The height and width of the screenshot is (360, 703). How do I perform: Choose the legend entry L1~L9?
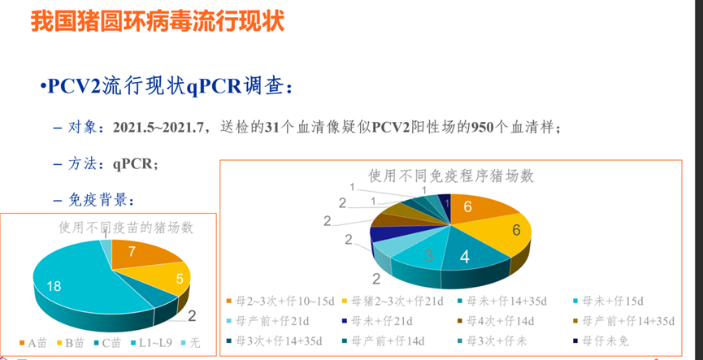point(152,343)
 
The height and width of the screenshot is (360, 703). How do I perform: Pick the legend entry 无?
point(192,343)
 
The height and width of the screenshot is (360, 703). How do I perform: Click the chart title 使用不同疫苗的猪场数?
point(126,228)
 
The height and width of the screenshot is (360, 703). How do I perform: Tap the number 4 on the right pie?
point(464,258)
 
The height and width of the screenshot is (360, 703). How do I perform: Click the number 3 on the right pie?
point(427,257)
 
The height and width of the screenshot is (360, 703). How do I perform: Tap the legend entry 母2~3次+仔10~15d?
point(284,301)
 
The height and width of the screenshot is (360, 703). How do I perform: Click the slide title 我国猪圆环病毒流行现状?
point(158,22)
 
